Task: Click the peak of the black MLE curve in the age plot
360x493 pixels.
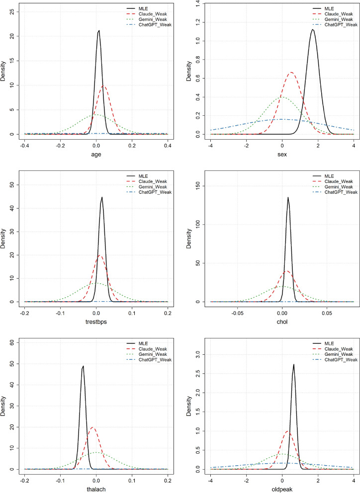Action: tap(99, 31)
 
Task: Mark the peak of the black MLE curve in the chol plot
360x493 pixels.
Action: tap(288, 198)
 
